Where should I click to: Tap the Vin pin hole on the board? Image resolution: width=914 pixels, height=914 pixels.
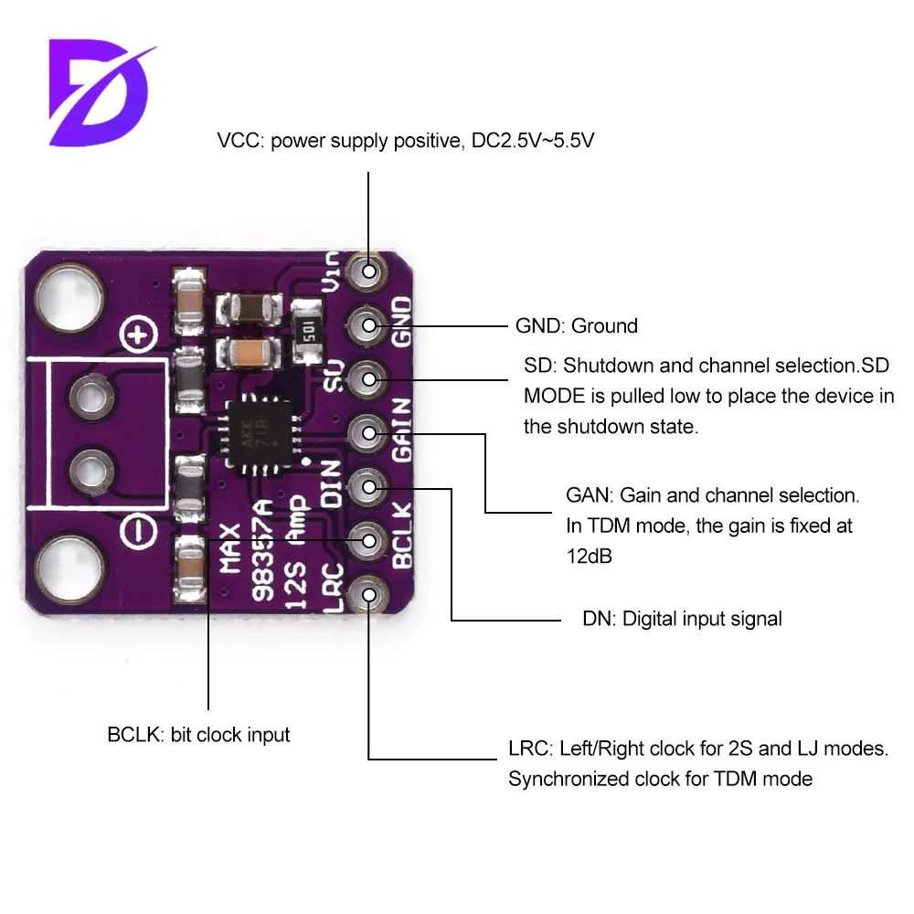(x=369, y=271)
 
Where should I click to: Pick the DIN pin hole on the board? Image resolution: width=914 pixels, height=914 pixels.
(x=369, y=486)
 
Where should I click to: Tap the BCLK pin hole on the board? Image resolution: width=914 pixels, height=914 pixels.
(x=369, y=540)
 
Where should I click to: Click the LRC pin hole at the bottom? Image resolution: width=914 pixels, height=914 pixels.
(x=369, y=594)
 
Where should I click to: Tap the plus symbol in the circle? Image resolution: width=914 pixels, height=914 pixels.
(x=138, y=337)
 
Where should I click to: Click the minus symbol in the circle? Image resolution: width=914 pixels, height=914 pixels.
(x=138, y=527)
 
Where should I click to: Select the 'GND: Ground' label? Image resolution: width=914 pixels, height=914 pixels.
(x=577, y=325)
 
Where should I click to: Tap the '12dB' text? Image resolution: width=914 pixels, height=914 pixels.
(x=589, y=557)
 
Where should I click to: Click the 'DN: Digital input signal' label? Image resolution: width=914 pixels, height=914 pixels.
(x=682, y=619)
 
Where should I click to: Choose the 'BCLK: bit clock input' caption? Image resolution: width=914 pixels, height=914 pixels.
(x=198, y=734)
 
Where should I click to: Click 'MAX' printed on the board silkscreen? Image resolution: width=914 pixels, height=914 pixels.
(x=230, y=547)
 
